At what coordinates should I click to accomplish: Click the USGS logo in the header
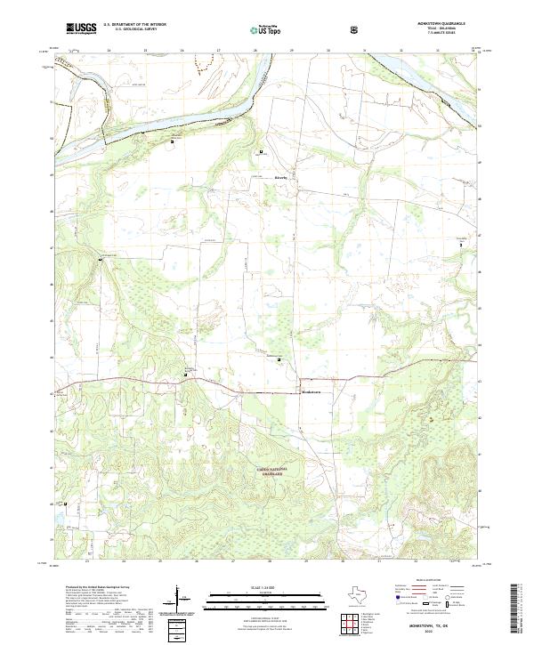coord(81,28)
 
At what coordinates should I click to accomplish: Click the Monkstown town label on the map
coord(311,392)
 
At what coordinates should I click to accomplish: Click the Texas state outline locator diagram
coord(352,596)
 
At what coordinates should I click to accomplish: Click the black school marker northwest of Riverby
coord(261,152)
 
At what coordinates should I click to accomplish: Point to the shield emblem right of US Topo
coord(355,29)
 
